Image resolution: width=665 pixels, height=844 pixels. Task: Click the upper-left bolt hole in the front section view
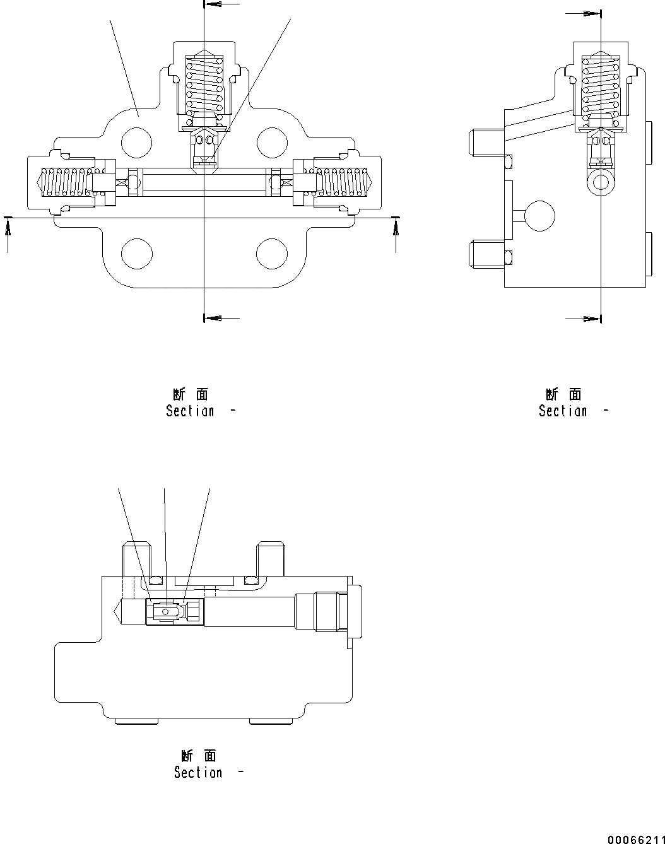point(137,142)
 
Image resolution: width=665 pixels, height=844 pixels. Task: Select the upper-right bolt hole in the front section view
point(272,142)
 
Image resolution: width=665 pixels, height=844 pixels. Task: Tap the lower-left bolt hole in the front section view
point(137,254)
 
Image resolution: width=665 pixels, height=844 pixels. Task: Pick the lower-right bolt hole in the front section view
point(272,254)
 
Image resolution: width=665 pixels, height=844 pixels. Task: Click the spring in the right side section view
point(601,87)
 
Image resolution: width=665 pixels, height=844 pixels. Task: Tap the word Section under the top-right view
point(563,411)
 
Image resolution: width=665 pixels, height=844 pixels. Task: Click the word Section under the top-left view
point(190,411)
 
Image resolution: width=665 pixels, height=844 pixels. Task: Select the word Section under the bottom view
point(198,773)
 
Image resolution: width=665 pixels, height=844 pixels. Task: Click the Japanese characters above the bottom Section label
point(198,756)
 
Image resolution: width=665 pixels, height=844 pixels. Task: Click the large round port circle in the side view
point(539,216)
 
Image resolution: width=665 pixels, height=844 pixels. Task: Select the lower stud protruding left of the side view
point(487,256)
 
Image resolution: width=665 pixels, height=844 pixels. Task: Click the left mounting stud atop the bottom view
point(136,558)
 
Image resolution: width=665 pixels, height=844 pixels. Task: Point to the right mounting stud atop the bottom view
point(270,558)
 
